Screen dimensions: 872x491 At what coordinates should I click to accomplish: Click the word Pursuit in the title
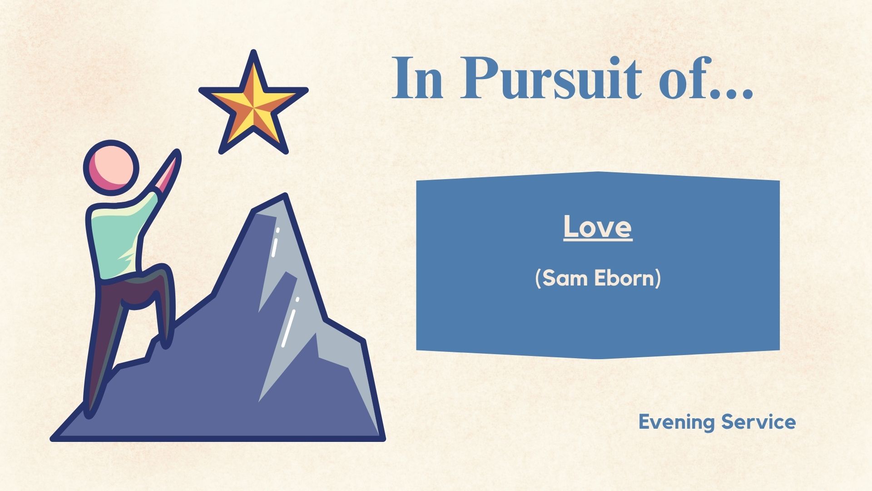coord(551,78)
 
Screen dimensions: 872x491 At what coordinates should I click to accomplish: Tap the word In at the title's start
coord(417,78)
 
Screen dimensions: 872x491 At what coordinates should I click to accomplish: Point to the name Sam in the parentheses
coord(563,278)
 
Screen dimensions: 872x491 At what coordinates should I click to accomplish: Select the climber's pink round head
coord(111,167)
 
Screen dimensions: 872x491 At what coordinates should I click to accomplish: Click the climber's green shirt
coord(120,236)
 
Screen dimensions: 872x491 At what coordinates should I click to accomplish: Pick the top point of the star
coord(253,52)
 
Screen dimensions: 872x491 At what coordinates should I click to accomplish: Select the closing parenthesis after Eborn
coord(658,278)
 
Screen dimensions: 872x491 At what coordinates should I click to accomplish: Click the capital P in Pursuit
coord(476,78)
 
